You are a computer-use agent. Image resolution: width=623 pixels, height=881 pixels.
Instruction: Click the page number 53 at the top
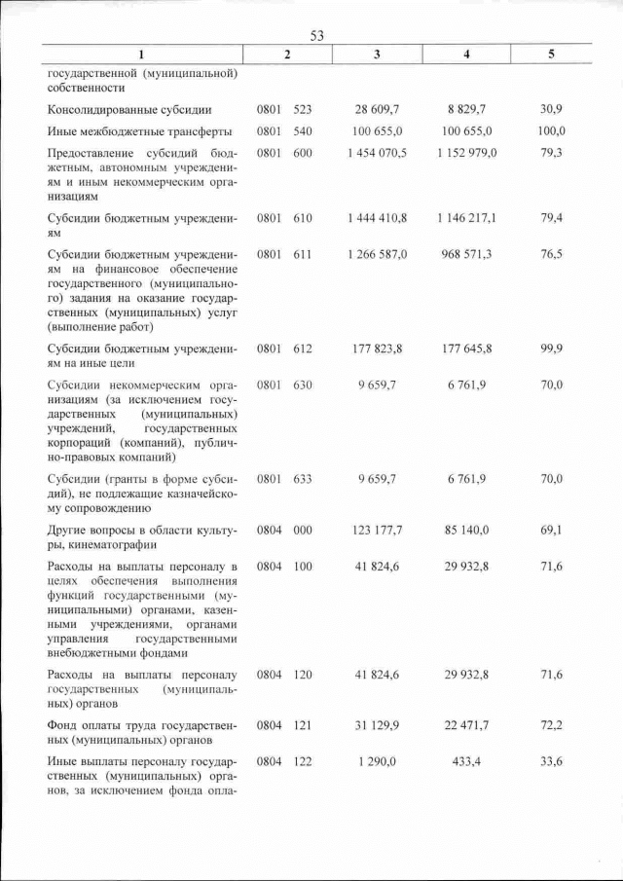click(x=316, y=36)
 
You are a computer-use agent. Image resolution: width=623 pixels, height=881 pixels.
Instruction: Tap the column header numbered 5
click(x=552, y=54)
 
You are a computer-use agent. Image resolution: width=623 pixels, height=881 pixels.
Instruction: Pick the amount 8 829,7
click(x=468, y=111)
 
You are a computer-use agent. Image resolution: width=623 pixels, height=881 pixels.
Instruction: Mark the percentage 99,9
click(x=552, y=348)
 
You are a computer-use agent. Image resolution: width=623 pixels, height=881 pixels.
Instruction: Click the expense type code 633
click(x=303, y=479)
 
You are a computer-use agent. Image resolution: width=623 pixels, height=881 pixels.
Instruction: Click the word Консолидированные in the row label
click(x=104, y=111)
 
